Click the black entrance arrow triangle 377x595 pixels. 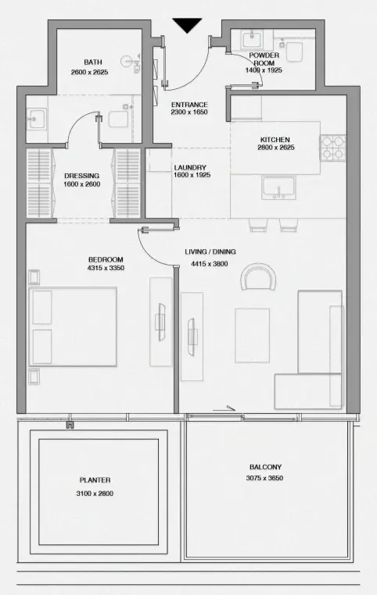point(187,25)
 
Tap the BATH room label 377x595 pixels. point(93,62)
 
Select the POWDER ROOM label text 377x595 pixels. point(264,59)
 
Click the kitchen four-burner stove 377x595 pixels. point(333,148)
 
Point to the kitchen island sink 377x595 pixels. point(278,188)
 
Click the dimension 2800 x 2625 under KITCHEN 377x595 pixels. point(276,148)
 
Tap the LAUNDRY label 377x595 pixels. point(190,167)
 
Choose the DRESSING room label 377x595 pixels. point(81,176)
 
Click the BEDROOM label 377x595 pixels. point(106,259)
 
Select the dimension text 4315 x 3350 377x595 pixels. point(106,268)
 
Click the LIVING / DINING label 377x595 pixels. point(210,251)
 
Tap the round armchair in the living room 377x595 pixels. point(258,276)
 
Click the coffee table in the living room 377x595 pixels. point(252,336)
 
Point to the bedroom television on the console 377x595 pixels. point(161,322)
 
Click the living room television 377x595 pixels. point(192,337)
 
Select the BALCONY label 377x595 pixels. point(266,467)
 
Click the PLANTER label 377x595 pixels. point(95,480)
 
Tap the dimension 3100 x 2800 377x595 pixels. point(95,493)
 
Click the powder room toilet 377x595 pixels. point(294,52)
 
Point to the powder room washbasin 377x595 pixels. point(252,39)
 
